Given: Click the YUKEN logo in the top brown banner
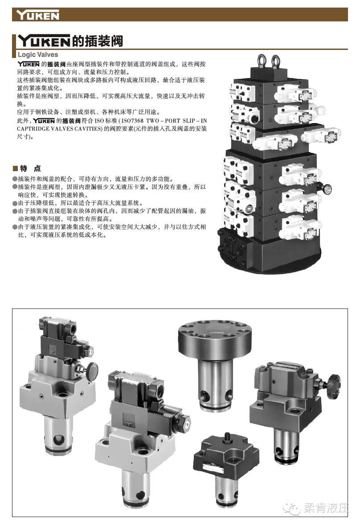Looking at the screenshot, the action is pos(38,15).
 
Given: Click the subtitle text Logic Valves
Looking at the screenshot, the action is pos(38,55).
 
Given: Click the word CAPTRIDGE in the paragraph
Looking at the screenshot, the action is pos(33,129).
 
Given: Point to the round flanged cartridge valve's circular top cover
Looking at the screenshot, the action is pos(214,339).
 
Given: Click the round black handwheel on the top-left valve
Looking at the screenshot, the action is pos(91,371).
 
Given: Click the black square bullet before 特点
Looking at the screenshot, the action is pos(15,168).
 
